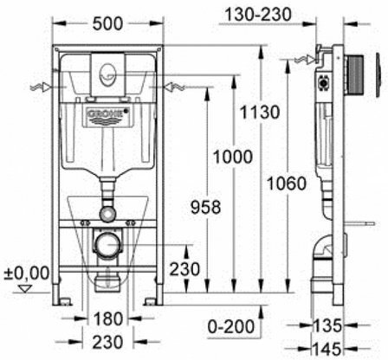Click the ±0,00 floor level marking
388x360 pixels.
click(23, 273)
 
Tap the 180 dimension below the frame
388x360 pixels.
click(106, 318)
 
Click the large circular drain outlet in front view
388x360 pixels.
click(107, 245)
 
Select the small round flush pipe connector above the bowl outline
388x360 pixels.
click(107, 209)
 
